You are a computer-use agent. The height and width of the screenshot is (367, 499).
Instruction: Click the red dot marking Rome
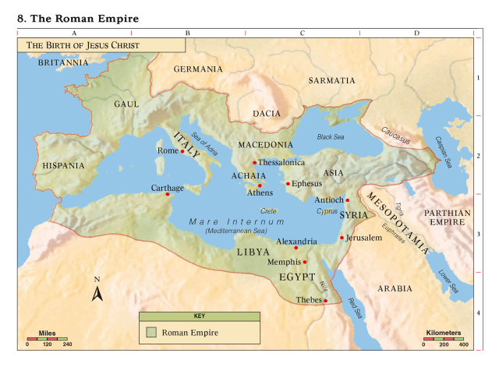[x=182, y=151]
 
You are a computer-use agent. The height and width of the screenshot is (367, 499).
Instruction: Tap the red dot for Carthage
[x=167, y=194]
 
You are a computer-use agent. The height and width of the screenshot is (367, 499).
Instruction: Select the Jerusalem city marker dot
[x=342, y=238]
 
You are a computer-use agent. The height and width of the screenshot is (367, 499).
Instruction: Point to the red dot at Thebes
[x=326, y=301]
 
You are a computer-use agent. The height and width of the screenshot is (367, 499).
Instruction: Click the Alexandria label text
[x=296, y=242]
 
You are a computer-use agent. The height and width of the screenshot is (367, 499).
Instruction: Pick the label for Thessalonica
[x=281, y=163]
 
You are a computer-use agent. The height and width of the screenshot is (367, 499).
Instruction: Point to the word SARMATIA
[x=331, y=80]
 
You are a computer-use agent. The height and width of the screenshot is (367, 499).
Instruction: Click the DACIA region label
[x=266, y=114]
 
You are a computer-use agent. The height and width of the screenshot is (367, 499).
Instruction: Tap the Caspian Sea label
[x=446, y=152]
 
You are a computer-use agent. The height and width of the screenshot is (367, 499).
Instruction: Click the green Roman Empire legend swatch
[x=152, y=333]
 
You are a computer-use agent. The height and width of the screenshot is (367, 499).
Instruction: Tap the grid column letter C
[x=303, y=33]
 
